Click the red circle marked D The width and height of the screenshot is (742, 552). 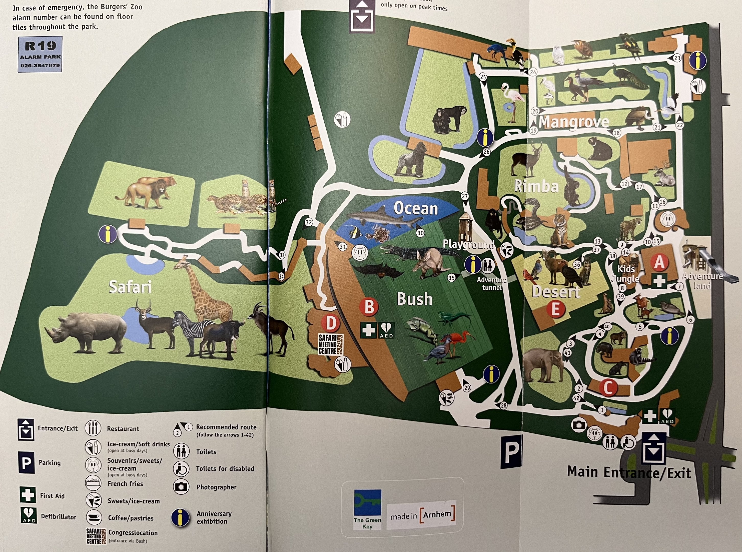(330, 323)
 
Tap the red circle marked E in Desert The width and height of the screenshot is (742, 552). (555, 309)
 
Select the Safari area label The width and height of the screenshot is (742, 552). (130, 287)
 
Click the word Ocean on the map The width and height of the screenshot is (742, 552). (415, 209)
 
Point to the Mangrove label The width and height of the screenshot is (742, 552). (574, 122)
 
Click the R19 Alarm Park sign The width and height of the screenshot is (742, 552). (40, 54)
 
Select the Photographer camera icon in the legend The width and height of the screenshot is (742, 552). (181, 487)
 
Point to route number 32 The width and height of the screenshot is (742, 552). (309, 222)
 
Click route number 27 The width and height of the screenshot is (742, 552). (465, 196)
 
